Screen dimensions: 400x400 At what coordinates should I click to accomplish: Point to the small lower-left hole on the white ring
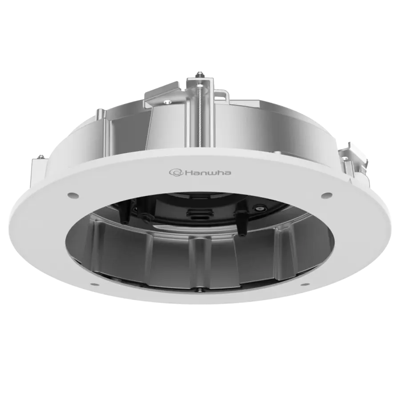pyautogui.click(x=91, y=283)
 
